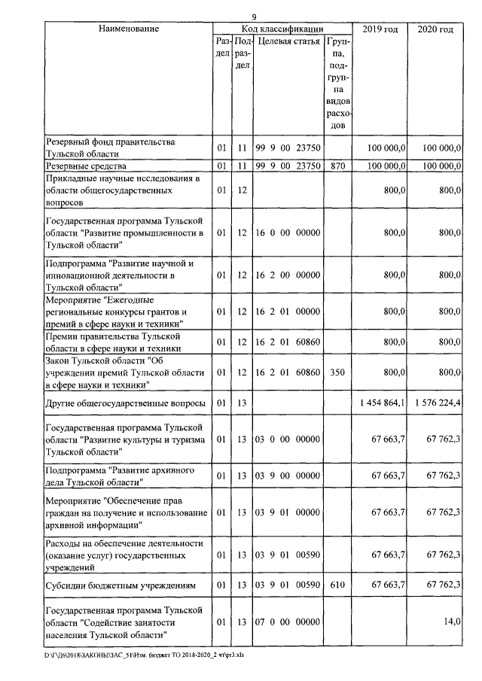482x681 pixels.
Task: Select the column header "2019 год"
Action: click(381, 29)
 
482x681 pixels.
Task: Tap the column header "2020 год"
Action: click(435, 29)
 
